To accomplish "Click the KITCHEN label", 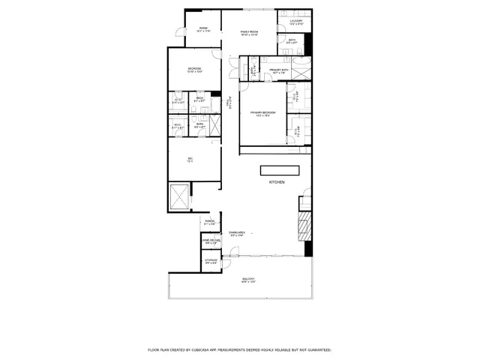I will [277, 182].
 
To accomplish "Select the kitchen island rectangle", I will [279, 169].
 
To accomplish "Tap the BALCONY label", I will [247, 280].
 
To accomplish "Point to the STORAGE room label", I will [211, 261].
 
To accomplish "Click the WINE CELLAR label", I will [211, 241].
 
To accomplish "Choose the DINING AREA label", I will [238, 234].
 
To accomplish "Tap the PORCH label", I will [210, 222].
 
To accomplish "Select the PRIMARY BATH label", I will [279, 70].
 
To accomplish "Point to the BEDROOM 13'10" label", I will [194, 70].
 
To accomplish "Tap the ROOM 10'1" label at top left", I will [203, 30].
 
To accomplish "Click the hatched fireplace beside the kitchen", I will [303, 224].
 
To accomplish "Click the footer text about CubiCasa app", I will [239, 349].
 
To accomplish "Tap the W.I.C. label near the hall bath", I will [178, 127].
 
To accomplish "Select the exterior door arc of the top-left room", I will [177, 31].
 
